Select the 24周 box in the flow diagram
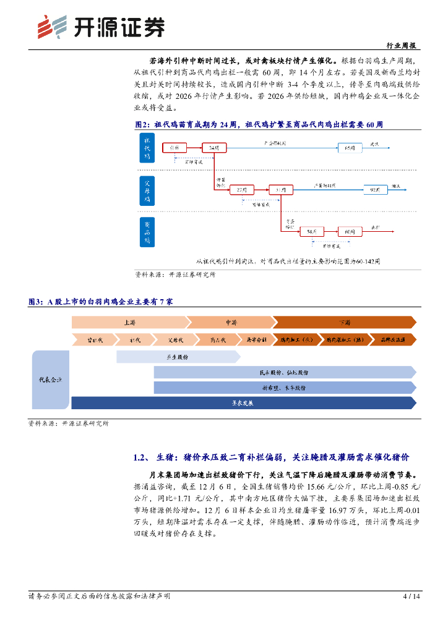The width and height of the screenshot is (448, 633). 213,148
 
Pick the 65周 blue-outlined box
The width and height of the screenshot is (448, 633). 350,148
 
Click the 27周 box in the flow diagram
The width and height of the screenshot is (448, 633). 241,189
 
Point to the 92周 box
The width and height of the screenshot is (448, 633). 375,189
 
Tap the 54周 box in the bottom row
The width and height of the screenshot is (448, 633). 311,231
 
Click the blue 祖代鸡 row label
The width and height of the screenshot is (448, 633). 147,148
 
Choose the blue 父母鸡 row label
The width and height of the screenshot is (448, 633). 147,189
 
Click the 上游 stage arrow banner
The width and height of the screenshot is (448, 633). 129,323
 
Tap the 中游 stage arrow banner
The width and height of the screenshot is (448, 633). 230,323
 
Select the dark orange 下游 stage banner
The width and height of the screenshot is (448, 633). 344,323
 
